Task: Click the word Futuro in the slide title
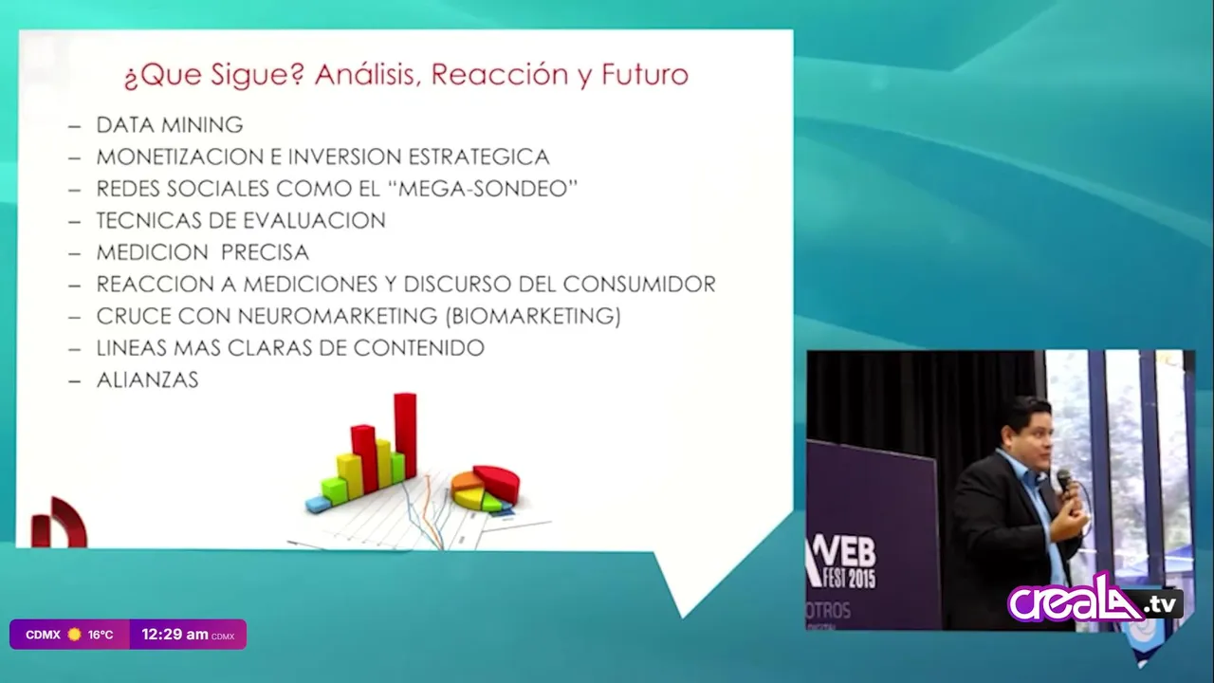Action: click(x=645, y=74)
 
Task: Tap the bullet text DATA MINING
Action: click(x=170, y=125)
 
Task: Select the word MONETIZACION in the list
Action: click(x=181, y=157)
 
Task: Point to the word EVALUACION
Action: click(x=314, y=221)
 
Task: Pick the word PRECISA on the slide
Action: click(x=265, y=252)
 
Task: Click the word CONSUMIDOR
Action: click(x=639, y=285)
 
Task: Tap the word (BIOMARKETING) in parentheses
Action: click(x=533, y=316)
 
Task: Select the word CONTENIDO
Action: click(x=419, y=348)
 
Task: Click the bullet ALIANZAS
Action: click(x=147, y=380)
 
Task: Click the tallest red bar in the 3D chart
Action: click(x=405, y=435)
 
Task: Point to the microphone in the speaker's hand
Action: click(x=1064, y=483)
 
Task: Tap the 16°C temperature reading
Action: click(x=101, y=635)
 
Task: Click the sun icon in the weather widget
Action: click(x=74, y=635)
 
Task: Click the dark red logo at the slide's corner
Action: click(x=59, y=522)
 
